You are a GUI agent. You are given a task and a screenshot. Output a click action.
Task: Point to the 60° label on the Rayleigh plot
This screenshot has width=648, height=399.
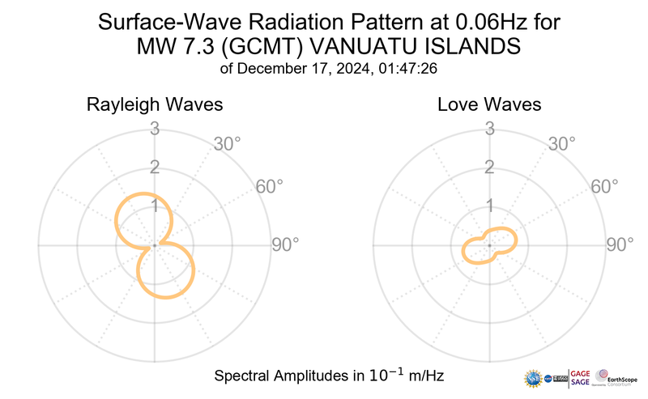tap(270, 186)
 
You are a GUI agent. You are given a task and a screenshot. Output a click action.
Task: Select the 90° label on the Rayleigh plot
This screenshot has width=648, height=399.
tap(285, 244)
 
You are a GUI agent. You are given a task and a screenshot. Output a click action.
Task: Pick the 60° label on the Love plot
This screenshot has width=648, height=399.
tap(604, 186)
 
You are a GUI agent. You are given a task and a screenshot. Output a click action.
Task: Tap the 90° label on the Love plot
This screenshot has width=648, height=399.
tap(620, 244)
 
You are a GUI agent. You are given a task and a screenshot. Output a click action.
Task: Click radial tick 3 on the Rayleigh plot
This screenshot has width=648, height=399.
tap(154, 128)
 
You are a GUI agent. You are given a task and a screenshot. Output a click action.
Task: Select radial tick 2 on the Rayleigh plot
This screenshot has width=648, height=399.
tap(154, 168)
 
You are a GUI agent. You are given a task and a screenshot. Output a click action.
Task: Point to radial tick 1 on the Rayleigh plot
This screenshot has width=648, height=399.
tap(154, 206)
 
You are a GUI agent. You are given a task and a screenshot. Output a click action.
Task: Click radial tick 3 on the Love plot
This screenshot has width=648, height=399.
tap(489, 128)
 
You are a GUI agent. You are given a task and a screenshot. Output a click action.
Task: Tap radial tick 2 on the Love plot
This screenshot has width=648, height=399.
tap(489, 168)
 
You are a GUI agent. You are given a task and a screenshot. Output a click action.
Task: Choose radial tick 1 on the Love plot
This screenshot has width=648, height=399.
tap(489, 206)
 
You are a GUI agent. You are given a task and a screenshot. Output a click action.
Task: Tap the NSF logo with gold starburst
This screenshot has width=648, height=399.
tap(534, 378)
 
